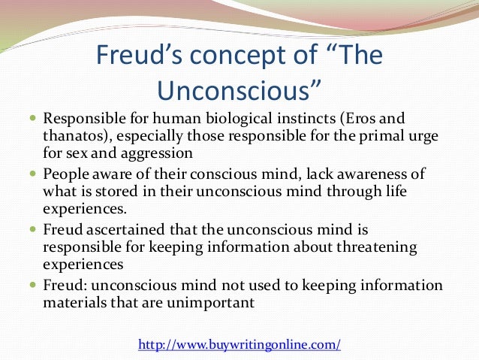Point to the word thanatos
pyautogui.click(x=73, y=136)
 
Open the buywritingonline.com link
pyautogui.click(x=239, y=345)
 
